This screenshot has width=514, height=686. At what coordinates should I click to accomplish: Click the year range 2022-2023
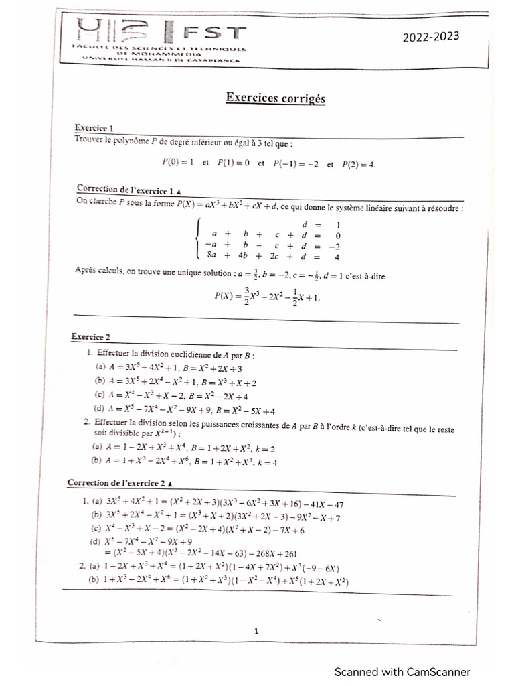pos(430,38)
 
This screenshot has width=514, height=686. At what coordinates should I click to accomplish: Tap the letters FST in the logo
pos(214,33)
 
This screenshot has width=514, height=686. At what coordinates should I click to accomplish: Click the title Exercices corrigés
pos(275,98)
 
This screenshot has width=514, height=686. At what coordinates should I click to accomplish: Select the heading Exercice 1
pos(94,127)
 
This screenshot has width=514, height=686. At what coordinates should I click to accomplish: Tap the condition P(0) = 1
pos(177,162)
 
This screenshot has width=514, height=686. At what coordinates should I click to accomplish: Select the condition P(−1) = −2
pos(295,163)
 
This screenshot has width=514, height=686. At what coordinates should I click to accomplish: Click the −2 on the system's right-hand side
pos(337,245)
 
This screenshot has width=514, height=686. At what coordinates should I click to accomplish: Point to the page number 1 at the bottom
pos(256,630)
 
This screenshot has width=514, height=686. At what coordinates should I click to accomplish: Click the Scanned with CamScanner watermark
pos(402,672)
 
